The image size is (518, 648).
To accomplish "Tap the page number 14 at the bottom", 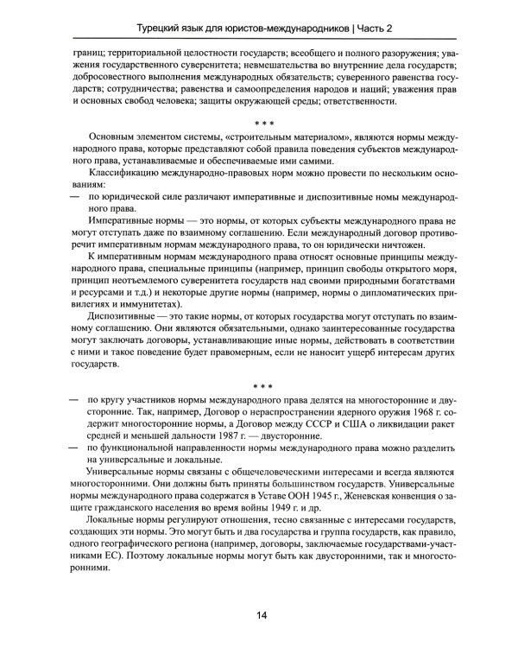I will point(259,614).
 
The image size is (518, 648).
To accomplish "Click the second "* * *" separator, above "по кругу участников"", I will point(259,387).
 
